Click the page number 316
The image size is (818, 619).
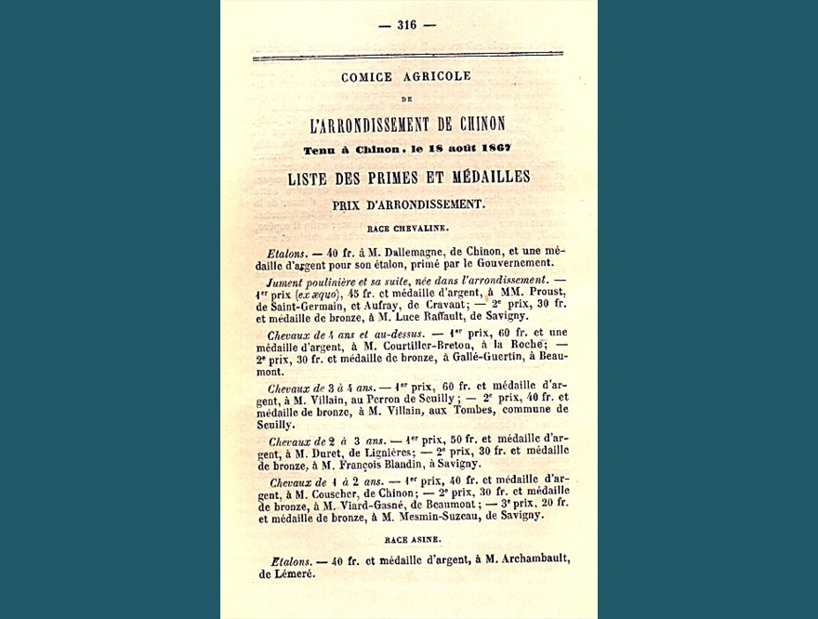(x=406, y=25)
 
